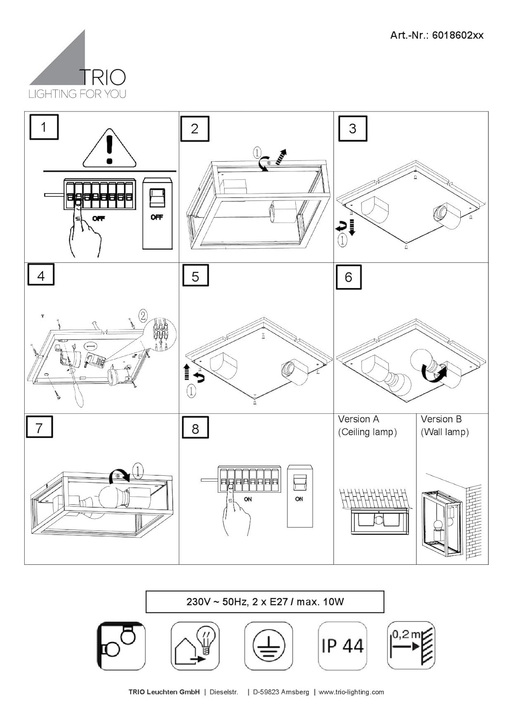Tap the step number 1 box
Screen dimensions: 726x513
point(44,127)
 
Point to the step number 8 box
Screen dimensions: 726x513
point(195,428)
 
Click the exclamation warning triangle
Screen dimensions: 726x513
point(109,149)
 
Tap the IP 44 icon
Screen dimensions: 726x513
point(342,646)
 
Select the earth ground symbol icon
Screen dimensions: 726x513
point(269,646)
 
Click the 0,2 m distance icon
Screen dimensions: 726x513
point(411,646)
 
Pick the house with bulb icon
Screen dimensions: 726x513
point(195,646)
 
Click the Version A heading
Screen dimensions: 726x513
point(358,419)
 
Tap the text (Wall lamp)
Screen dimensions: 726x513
point(445,432)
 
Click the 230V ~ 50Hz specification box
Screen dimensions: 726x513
point(265,602)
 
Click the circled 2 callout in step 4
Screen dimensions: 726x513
point(143,316)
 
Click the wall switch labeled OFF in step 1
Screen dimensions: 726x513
point(157,213)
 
